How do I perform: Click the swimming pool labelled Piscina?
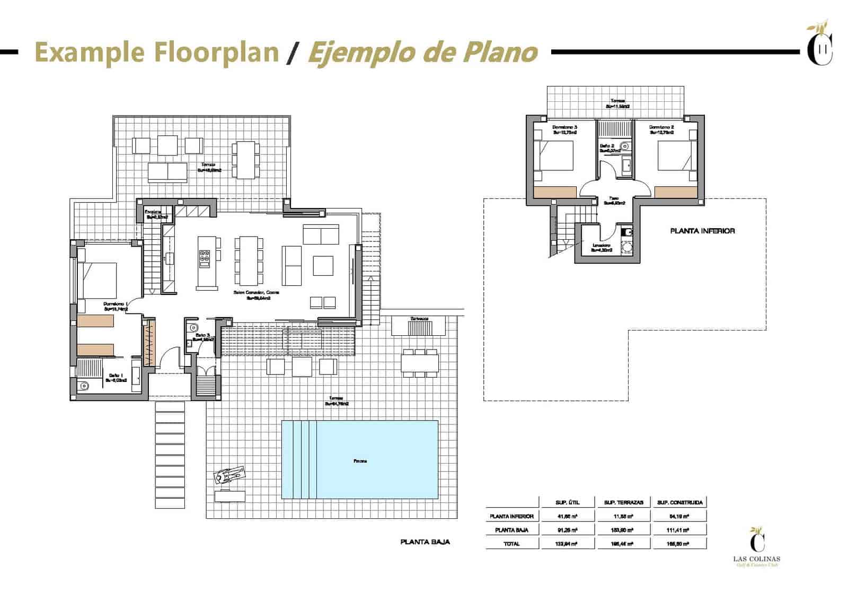(x=359, y=460)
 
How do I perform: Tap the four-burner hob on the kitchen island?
(x=205, y=258)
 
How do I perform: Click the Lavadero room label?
(x=602, y=247)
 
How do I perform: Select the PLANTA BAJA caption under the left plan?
(x=425, y=542)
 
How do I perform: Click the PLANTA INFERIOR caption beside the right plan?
(x=702, y=231)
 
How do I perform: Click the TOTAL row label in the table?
(x=511, y=543)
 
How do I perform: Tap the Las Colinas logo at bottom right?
(x=757, y=547)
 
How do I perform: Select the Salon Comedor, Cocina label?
(x=258, y=295)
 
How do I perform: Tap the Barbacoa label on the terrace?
(x=419, y=319)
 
